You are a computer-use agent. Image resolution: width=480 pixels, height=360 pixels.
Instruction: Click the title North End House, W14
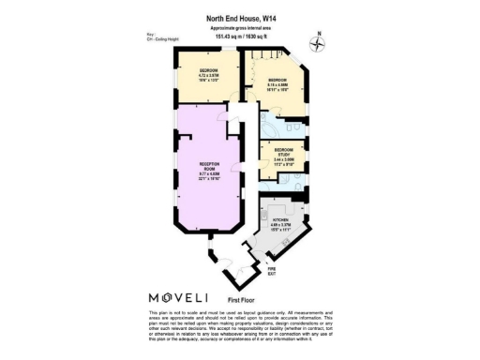coord(239,17)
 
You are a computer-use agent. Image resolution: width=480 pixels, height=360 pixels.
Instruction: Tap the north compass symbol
coord(319,42)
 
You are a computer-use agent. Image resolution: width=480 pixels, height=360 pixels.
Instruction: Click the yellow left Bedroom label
coord(208,71)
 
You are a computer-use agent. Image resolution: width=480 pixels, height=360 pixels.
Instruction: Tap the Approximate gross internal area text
coord(239,28)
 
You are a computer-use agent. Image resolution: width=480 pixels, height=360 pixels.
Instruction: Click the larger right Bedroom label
coord(277,80)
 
